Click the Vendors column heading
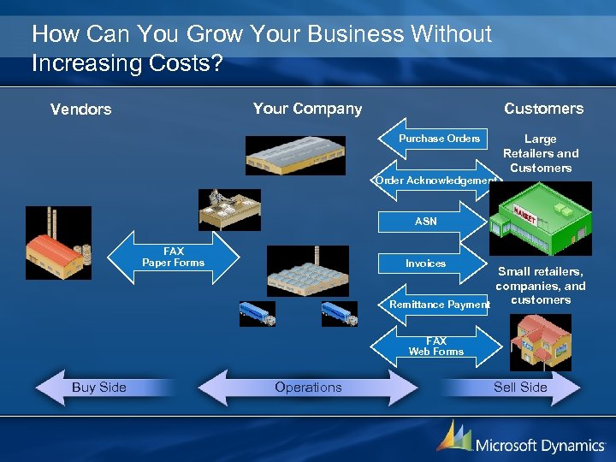(80, 109)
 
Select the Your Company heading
(307, 109)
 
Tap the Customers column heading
(543, 109)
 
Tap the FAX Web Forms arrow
(436, 346)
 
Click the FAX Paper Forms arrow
(173, 258)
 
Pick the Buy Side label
(99, 388)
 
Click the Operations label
(308, 388)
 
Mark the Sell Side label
(520, 388)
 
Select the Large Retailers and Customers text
(541, 153)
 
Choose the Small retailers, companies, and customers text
(541, 286)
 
